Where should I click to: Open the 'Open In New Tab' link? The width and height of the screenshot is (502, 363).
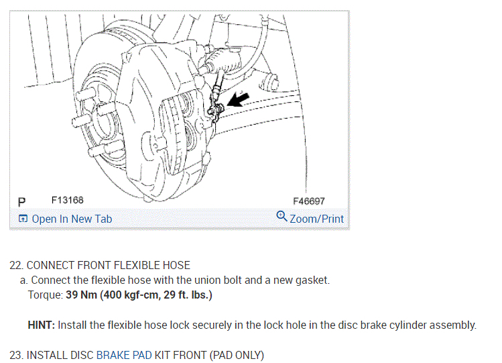(72, 219)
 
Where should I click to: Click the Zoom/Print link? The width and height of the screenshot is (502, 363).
(316, 219)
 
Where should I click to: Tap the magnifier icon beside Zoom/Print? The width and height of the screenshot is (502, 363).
(281, 217)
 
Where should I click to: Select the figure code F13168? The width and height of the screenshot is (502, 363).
(67, 201)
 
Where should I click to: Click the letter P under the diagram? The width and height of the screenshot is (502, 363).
(22, 201)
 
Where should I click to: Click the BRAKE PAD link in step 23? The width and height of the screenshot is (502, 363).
(124, 355)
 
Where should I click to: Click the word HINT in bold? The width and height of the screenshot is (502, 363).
(41, 325)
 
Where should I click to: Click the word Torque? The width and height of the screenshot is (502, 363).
(45, 295)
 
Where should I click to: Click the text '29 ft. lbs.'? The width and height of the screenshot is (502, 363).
(190, 295)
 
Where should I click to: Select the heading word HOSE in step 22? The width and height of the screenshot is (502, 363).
(176, 265)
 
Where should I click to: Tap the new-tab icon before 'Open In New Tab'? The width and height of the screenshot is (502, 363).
(23, 219)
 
